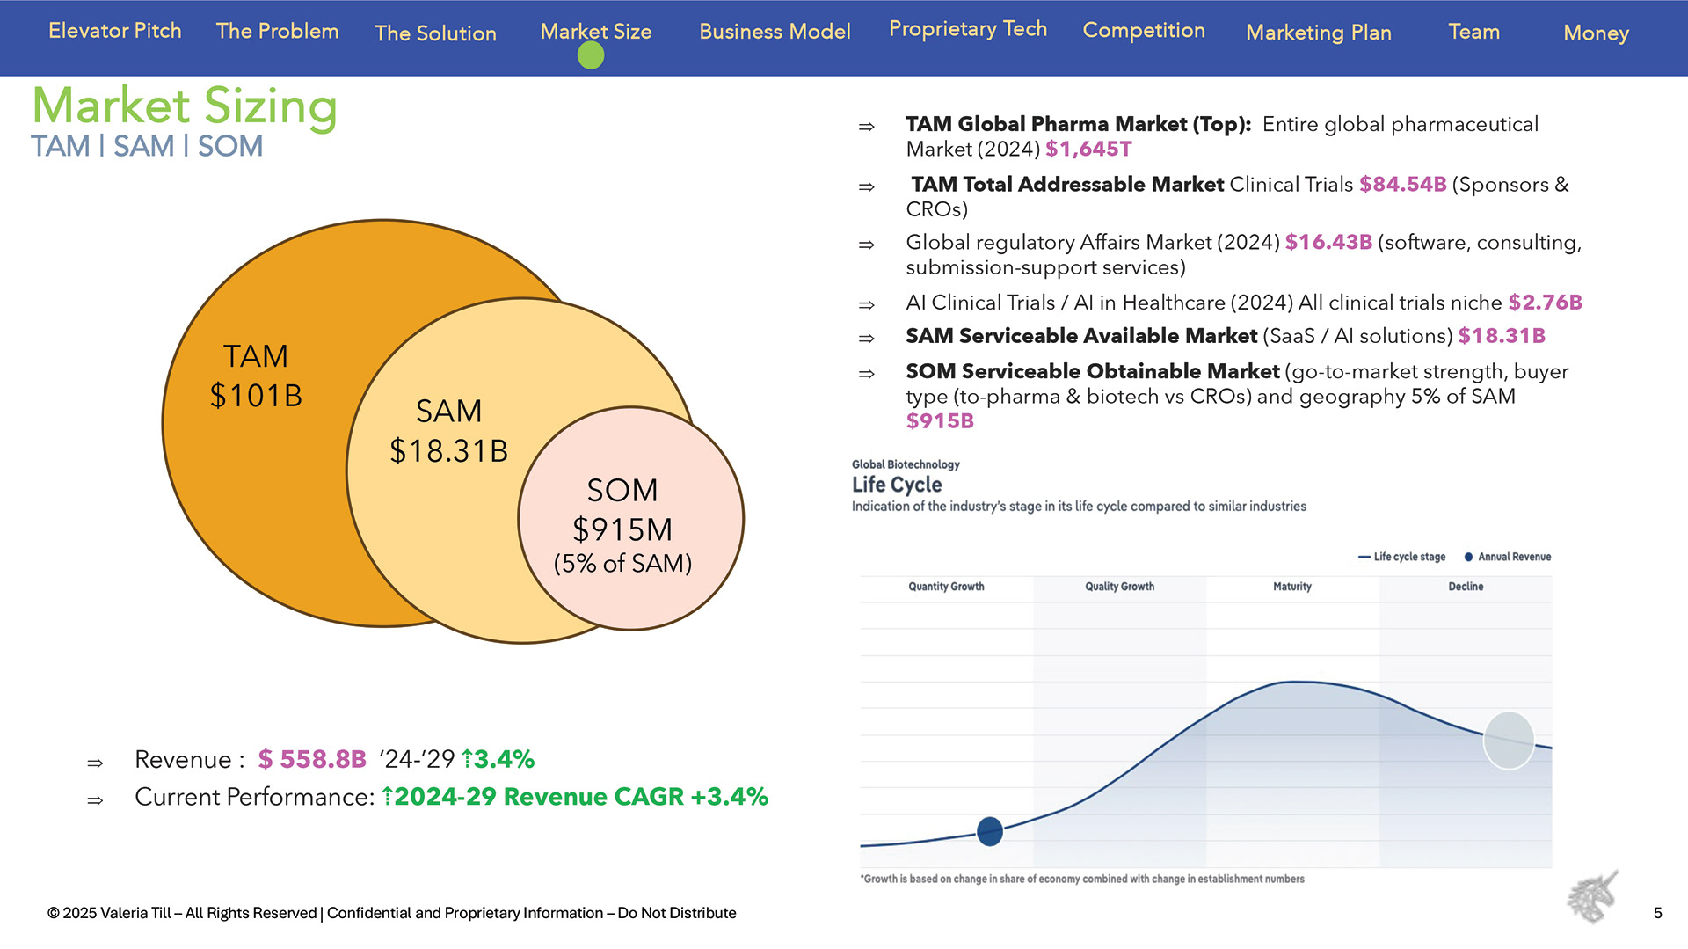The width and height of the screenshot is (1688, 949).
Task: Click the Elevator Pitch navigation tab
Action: [114, 31]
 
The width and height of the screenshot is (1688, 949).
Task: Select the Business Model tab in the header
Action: [775, 32]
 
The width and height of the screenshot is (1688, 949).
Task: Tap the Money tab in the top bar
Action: [1596, 33]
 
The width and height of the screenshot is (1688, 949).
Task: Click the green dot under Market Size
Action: [591, 56]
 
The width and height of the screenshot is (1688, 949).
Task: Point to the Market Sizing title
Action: [185, 106]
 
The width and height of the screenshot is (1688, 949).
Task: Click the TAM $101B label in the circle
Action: [256, 376]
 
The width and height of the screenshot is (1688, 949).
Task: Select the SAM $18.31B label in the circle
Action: [448, 431]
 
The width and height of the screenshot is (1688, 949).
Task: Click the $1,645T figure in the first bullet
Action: [1088, 150]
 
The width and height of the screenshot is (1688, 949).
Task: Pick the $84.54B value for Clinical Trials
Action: [1402, 185]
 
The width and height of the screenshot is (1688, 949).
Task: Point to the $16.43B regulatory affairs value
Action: [1328, 243]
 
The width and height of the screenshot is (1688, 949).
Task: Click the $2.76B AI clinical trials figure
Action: [1545, 303]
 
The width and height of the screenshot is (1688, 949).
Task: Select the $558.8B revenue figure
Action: [312, 759]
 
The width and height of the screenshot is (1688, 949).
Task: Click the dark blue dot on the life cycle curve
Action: [990, 831]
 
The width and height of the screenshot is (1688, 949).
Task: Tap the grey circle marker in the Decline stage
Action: [1509, 741]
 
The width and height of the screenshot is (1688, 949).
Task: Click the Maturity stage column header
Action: [1291, 587]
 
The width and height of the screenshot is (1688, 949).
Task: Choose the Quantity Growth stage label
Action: [946, 587]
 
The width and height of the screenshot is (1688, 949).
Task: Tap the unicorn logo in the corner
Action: [1592, 897]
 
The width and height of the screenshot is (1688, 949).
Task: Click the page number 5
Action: [1657, 913]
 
